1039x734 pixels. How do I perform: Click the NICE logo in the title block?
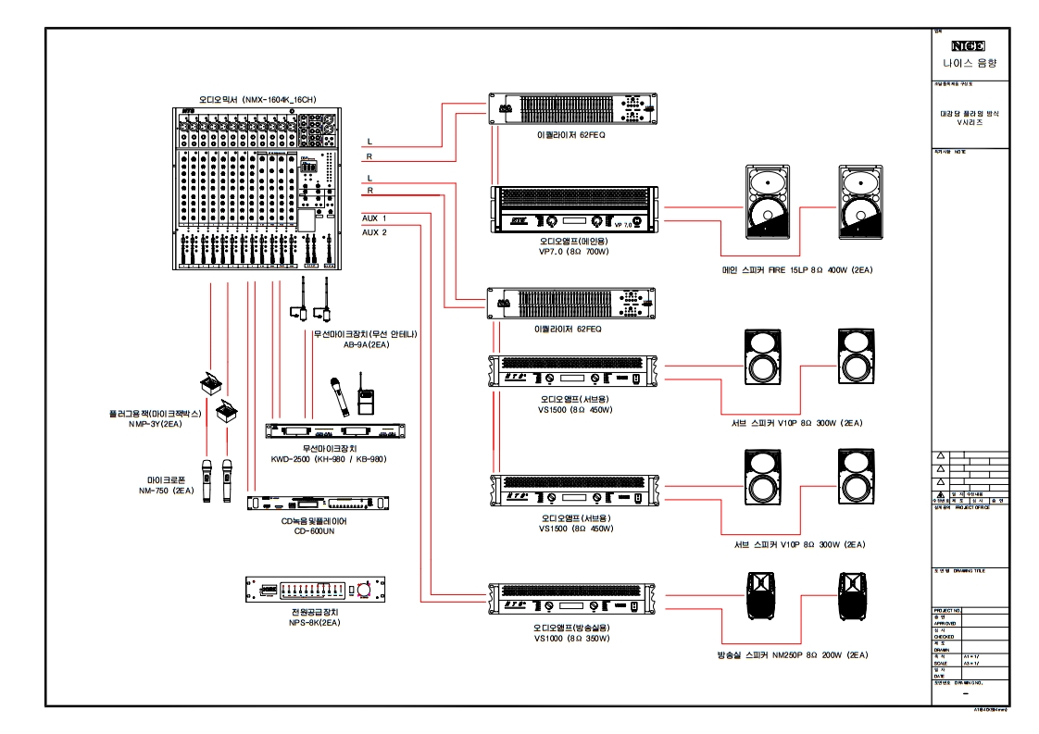(x=968, y=45)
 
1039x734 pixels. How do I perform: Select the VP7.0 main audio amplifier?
(x=575, y=210)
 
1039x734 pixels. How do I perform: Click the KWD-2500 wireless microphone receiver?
(x=335, y=431)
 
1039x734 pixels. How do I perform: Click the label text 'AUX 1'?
(x=374, y=218)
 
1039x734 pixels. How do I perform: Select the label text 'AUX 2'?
(x=374, y=232)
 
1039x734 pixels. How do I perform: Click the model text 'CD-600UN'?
(x=314, y=531)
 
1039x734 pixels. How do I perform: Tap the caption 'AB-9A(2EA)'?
(x=365, y=343)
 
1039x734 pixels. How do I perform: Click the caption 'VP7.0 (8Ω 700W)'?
(x=573, y=251)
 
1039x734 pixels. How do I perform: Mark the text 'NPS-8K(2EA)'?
(x=314, y=624)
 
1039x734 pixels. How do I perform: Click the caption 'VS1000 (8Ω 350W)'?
(x=571, y=638)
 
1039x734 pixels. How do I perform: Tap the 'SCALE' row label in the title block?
(x=940, y=664)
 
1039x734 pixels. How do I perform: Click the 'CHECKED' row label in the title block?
(x=944, y=637)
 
